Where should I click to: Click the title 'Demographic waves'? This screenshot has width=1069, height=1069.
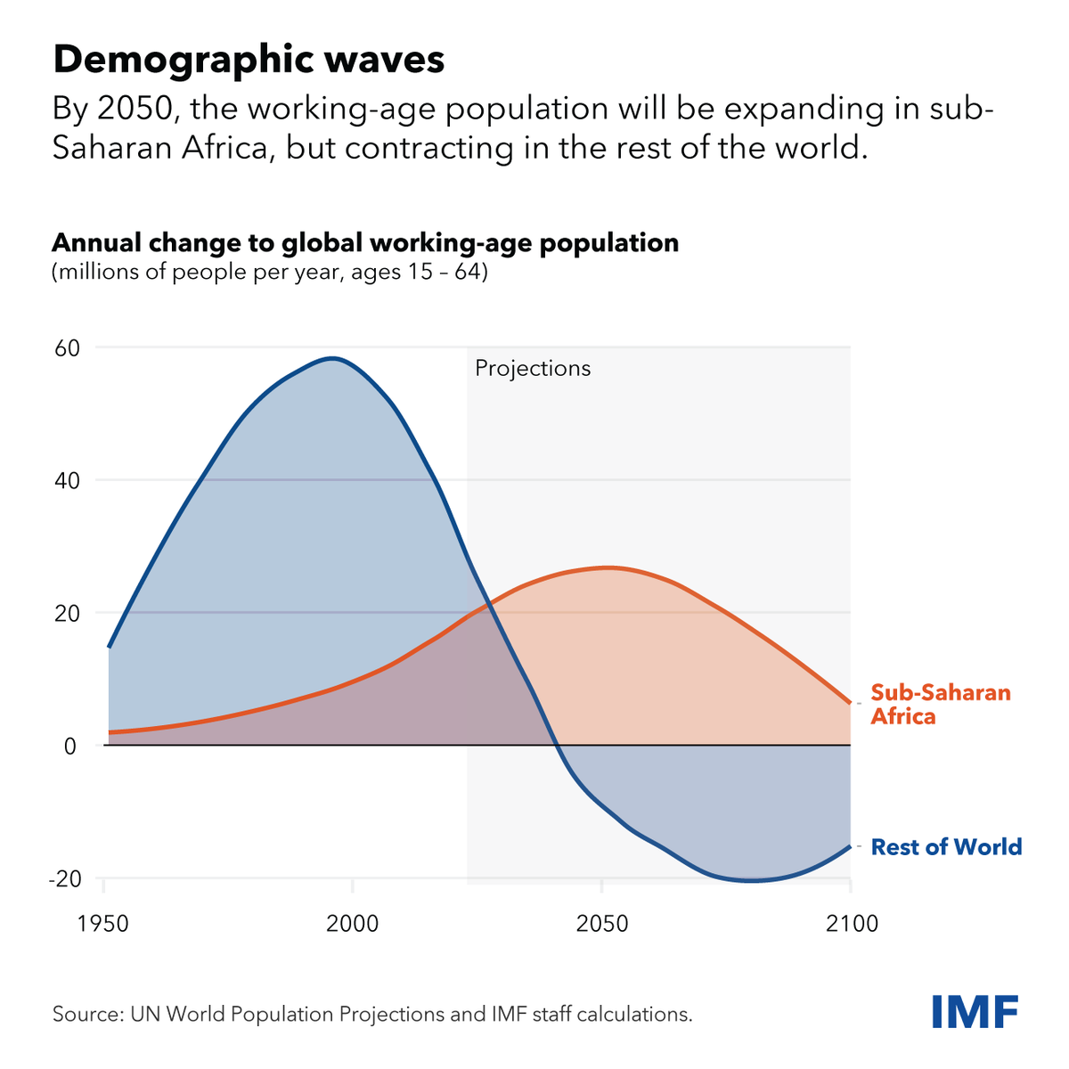249,61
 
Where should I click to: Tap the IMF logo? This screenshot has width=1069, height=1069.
975,1011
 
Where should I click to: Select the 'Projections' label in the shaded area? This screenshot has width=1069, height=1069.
533,368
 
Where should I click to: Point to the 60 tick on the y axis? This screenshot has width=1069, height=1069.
68,347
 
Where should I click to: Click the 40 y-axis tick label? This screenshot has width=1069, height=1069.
68,480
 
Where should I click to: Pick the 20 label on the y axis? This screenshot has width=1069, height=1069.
68,613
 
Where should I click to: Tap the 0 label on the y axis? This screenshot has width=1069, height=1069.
71,746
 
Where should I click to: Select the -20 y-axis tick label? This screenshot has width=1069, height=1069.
63,878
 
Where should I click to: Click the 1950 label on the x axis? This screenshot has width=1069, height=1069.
103,923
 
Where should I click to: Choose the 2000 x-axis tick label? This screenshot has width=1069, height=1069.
353,923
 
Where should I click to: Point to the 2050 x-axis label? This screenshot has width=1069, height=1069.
602,923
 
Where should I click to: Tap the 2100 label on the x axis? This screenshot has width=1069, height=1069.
852,923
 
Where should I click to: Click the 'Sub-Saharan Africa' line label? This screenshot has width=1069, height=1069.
940,705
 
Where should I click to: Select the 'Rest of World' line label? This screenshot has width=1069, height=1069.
946,846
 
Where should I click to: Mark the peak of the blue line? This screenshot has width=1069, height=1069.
333,358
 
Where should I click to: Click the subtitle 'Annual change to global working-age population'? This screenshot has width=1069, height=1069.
365,242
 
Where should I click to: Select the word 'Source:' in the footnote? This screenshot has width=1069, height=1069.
88,1014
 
